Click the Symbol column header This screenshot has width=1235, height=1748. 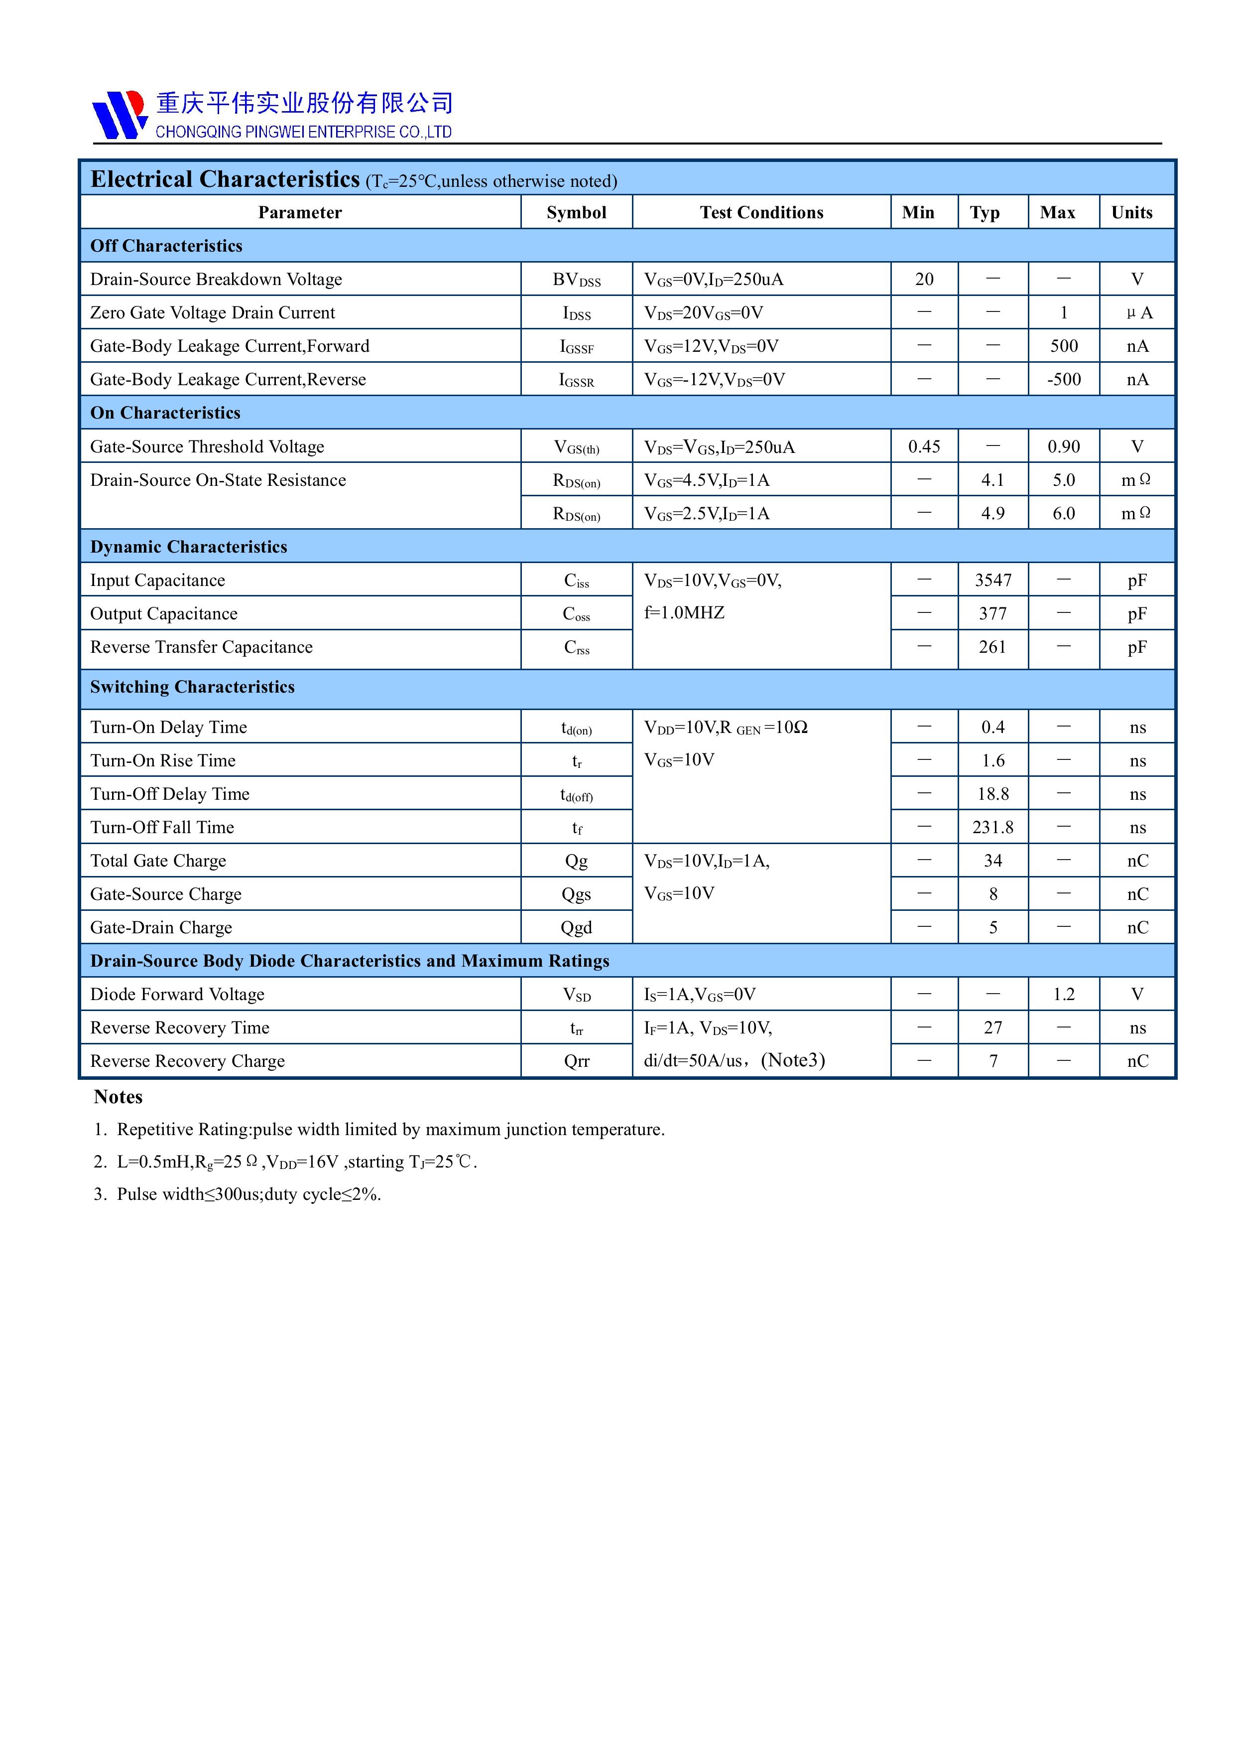[576, 212]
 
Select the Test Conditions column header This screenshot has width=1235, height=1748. [761, 212]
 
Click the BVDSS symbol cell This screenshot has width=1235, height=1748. [576, 280]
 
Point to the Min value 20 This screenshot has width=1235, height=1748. [924, 280]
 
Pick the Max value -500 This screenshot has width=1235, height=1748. [1063, 379]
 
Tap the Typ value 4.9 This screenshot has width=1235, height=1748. [992, 514]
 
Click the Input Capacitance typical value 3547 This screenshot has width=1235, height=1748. [992, 580]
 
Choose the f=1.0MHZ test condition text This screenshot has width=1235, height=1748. [684, 613]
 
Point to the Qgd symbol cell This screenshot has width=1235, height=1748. [576, 927]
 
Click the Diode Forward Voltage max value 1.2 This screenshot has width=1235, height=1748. [1063, 994]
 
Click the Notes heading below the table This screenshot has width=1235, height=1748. [118, 1097]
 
